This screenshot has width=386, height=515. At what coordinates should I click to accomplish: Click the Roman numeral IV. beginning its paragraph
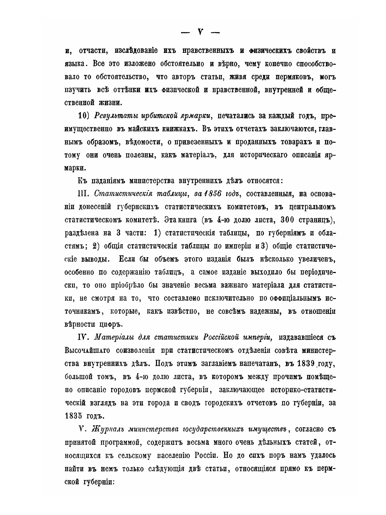84,337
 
